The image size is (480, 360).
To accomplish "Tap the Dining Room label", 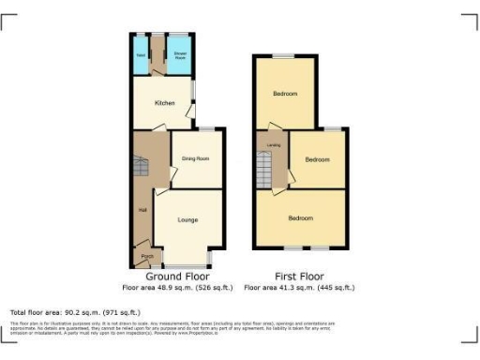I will point(195,158).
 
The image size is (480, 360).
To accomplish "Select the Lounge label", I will point(187,219).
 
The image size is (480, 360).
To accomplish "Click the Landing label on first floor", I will point(274,145).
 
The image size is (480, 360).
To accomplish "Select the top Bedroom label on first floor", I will point(285,94).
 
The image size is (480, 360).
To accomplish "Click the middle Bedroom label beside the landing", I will point(318,159).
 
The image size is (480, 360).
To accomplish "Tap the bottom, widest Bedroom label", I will point(300,218).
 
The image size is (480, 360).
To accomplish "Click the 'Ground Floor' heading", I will point(177,277).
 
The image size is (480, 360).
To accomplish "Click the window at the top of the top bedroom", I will point(284,59).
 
